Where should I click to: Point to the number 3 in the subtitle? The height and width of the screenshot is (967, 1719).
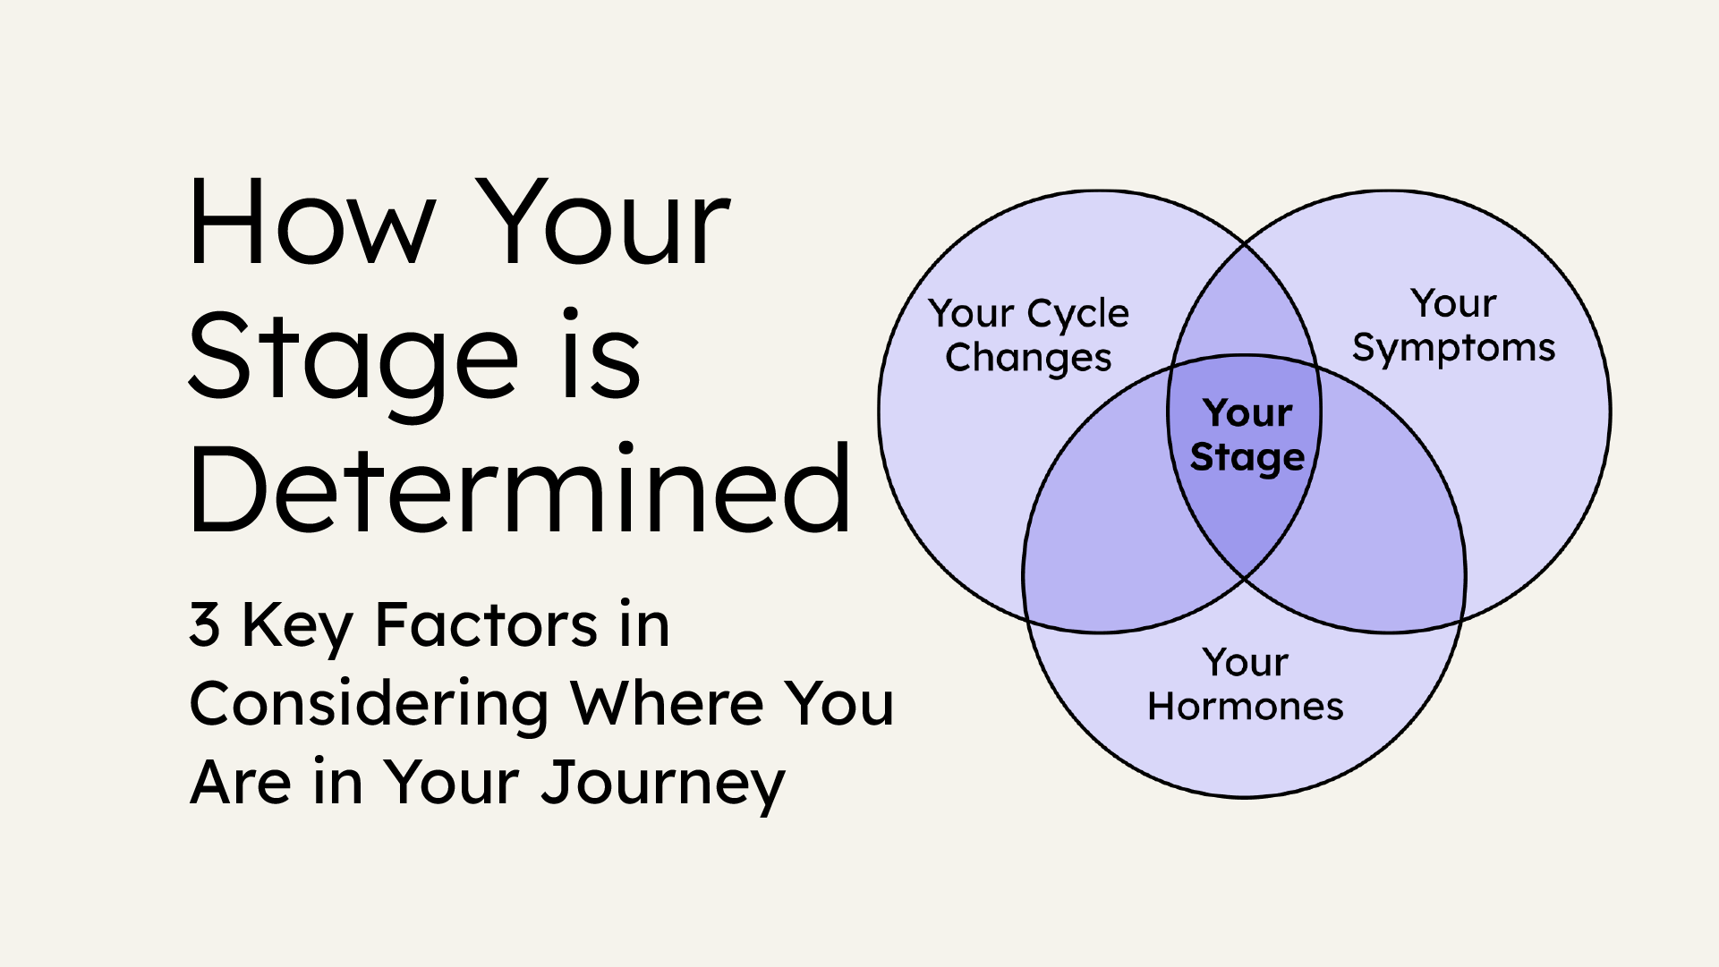(204, 624)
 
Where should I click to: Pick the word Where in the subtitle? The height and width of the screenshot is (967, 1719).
(668, 703)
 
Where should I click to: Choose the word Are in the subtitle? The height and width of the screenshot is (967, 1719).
(241, 783)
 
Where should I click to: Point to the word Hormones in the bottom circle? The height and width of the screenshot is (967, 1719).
(1246, 707)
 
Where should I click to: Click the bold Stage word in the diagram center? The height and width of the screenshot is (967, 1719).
(1247, 459)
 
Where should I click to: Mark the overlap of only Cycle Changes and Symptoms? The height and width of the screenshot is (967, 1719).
(1245, 304)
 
